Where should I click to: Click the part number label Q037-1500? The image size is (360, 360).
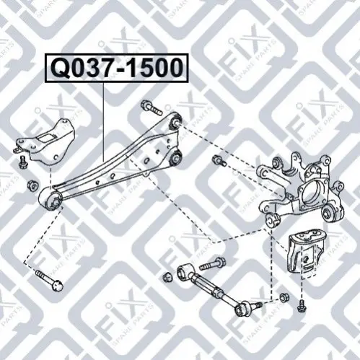117,68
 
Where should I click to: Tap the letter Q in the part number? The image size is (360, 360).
59,69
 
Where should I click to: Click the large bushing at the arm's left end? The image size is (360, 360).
51,199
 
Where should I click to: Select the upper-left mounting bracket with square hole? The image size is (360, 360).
45,142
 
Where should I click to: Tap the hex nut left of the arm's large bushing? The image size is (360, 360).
32,185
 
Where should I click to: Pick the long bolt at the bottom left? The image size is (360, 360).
50,281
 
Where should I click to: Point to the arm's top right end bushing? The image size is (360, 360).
175,120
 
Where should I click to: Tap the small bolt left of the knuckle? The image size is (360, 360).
219,161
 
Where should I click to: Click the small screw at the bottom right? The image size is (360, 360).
301,307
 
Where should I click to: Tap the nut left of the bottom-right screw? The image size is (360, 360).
284,297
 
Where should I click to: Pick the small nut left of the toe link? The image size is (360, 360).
167,277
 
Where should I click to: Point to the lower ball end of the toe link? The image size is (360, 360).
243,308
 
